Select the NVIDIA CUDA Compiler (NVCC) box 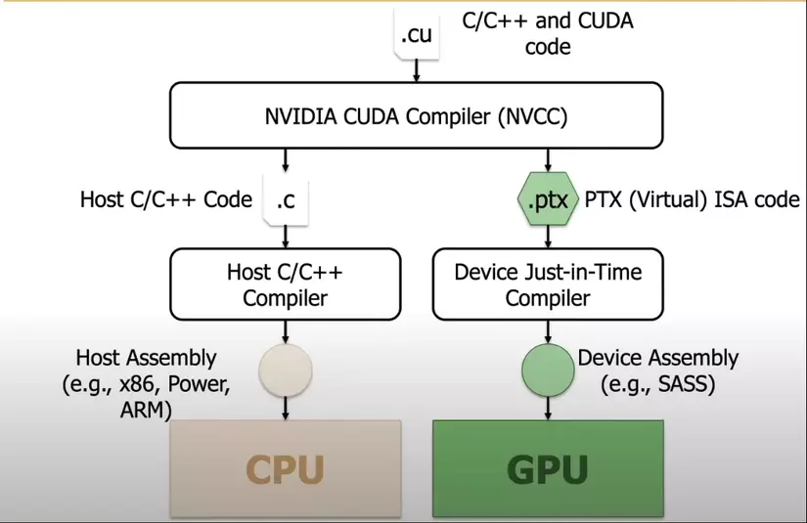pyautogui.click(x=416, y=115)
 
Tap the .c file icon pyautogui.click(x=285, y=200)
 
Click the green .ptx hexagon pyautogui.click(x=547, y=200)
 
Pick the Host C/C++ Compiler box pyautogui.click(x=284, y=283)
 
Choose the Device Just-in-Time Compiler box pyautogui.click(x=548, y=283)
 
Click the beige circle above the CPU pyautogui.click(x=284, y=370)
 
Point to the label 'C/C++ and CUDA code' pyautogui.click(x=548, y=33)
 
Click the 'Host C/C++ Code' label pyautogui.click(x=165, y=200)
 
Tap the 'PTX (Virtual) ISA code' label pyautogui.click(x=693, y=200)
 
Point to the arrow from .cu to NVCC pyautogui.click(x=416, y=71)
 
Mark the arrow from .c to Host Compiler pyautogui.click(x=285, y=235)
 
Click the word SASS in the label pyautogui.click(x=685, y=385)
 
